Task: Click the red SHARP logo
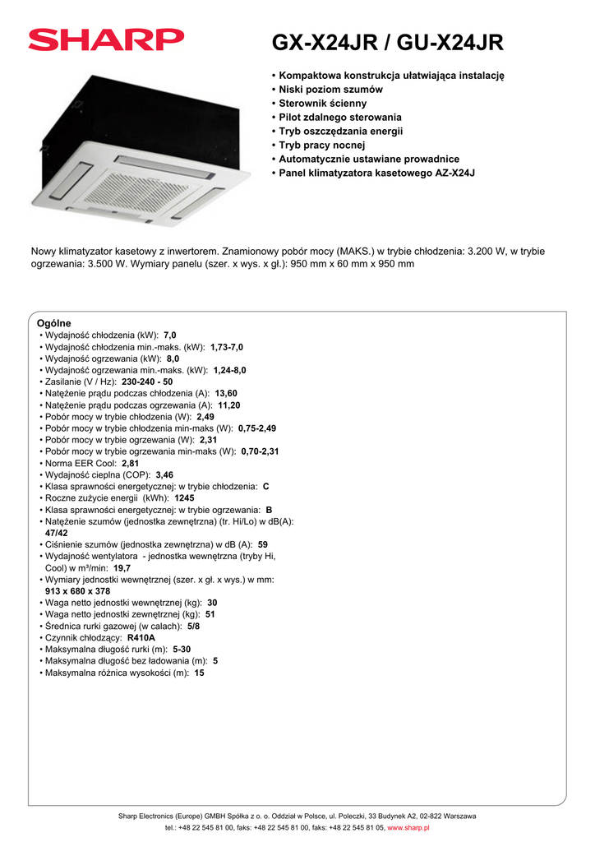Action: (107, 39)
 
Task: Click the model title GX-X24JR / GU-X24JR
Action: (387, 43)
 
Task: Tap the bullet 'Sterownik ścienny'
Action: (322, 104)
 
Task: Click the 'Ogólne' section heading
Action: (54, 323)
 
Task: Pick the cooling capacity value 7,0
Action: (170, 335)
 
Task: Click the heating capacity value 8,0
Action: (173, 359)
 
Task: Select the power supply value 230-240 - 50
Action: (147, 382)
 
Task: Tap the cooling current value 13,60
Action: (226, 394)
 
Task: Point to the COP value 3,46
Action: (164, 475)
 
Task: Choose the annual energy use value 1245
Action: (184, 498)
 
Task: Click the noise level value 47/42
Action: (57, 533)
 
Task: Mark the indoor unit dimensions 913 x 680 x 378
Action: (77, 591)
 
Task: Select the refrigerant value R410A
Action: (141, 637)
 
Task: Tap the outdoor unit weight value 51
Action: (210, 614)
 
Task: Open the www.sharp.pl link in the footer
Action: (408, 828)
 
